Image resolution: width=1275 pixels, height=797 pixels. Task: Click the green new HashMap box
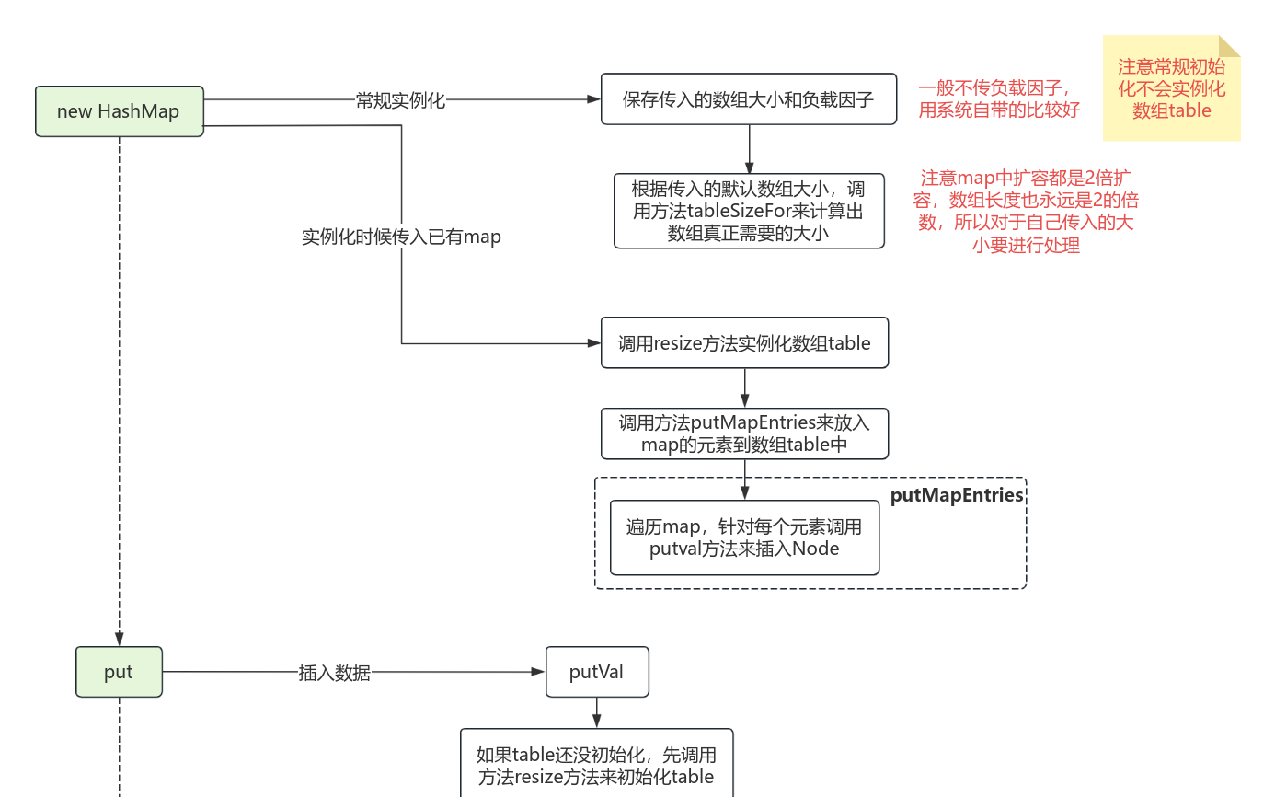click(119, 111)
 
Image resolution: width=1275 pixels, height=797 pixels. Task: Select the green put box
click(119, 672)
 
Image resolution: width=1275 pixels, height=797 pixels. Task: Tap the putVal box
click(596, 672)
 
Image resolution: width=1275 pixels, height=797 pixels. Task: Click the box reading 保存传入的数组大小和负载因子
click(748, 99)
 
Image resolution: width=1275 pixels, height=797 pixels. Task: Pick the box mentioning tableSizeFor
click(748, 211)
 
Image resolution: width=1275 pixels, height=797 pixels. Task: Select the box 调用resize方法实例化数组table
click(744, 343)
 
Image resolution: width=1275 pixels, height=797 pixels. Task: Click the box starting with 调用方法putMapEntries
click(744, 433)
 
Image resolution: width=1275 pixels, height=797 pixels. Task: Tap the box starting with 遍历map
click(744, 537)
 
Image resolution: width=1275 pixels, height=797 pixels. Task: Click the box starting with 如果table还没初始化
click(596, 765)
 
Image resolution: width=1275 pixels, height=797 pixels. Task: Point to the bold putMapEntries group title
click(957, 495)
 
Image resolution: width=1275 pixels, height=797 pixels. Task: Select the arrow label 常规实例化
click(400, 100)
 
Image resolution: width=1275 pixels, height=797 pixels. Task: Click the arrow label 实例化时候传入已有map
click(401, 237)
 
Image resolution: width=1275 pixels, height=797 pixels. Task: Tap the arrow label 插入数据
click(334, 673)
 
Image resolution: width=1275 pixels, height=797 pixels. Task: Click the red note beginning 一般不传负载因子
click(999, 98)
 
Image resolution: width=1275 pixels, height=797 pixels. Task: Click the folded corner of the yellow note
click(1230, 45)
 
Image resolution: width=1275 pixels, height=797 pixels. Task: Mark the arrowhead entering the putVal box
click(539, 672)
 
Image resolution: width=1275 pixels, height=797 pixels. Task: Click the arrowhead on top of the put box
click(119, 641)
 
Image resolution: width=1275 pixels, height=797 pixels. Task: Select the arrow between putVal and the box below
click(596, 713)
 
